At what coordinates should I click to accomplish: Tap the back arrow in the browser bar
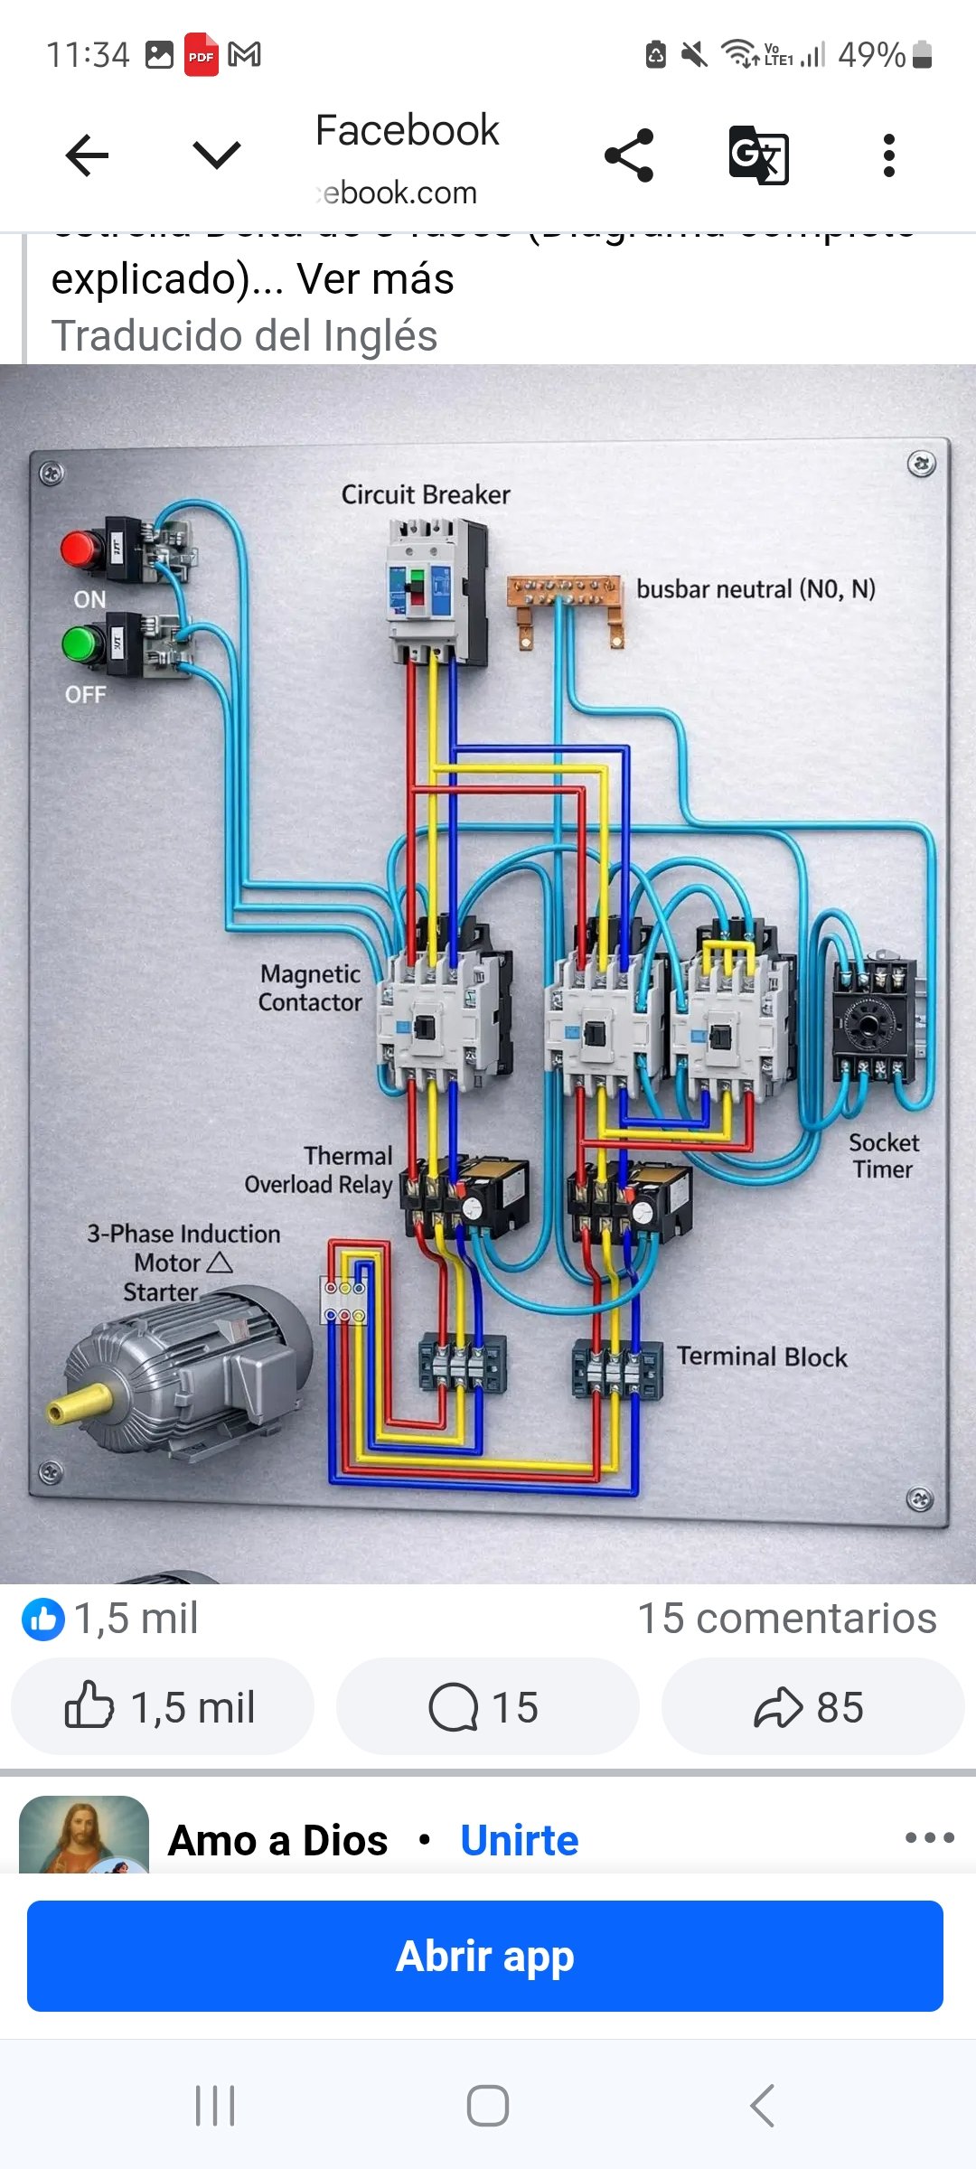tap(88, 155)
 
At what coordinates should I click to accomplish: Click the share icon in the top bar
tap(629, 155)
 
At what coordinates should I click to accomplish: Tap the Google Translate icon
tap(758, 155)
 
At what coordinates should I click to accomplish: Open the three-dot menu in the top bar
tap(889, 155)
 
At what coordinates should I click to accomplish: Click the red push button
tap(82, 549)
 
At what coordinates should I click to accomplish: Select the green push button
tap(82, 643)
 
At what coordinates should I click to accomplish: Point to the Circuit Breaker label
tap(426, 495)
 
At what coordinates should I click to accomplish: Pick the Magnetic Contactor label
tap(310, 988)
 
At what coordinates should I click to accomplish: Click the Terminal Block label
tap(762, 1357)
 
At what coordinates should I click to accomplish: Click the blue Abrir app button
tap(485, 1956)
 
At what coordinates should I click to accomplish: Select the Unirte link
tap(519, 1840)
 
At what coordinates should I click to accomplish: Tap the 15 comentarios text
tap(787, 1618)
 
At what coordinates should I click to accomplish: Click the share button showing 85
tap(812, 1707)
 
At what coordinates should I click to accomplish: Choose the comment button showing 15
tap(486, 1707)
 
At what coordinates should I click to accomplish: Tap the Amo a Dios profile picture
tap(83, 1835)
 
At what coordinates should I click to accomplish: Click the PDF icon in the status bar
tap(202, 55)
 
